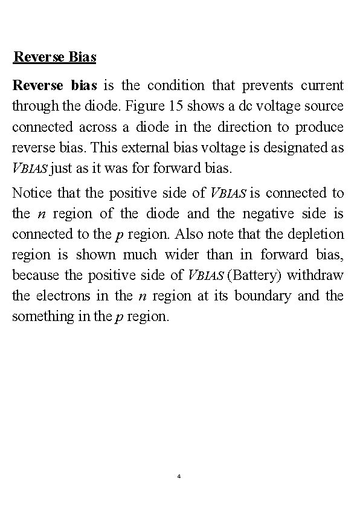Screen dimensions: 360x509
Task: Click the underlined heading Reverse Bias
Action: pyautogui.click(x=55, y=58)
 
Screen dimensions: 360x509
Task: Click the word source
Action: pyautogui.click(x=326, y=106)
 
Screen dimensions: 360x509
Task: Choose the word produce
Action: pyautogui.click(x=320, y=128)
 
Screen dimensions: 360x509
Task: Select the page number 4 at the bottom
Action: pyautogui.click(x=179, y=477)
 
